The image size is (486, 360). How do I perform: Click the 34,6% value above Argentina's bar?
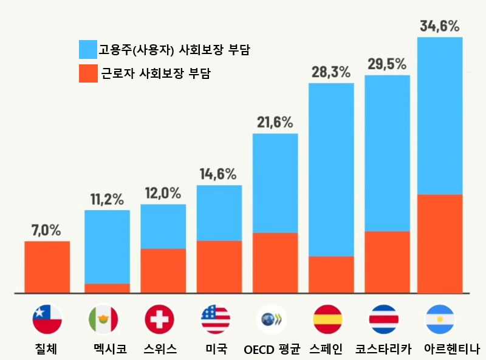[x=440, y=26]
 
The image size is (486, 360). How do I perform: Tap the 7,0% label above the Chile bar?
[x=46, y=230]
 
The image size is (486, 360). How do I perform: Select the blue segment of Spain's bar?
[x=331, y=169]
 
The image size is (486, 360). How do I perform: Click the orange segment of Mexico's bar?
[x=107, y=288]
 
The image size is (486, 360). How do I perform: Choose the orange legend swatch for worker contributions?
[x=87, y=73]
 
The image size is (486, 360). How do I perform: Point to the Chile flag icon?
[x=47, y=319]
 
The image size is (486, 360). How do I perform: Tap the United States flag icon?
[x=216, y=319]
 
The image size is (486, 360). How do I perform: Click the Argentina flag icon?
[x=440, y=319]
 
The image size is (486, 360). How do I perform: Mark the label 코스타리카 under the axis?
[x=384, y=349]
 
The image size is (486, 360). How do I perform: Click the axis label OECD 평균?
[x=272, y=349]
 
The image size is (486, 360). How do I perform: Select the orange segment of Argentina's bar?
[x=440, y=243]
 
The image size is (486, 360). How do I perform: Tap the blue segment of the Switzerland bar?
[x=163, y=226]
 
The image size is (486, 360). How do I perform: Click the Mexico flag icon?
[x=103, y=319]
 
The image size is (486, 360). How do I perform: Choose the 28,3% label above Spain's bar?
[x=331, y=72]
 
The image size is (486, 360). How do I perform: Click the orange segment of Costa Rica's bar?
[x=387, y=262]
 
